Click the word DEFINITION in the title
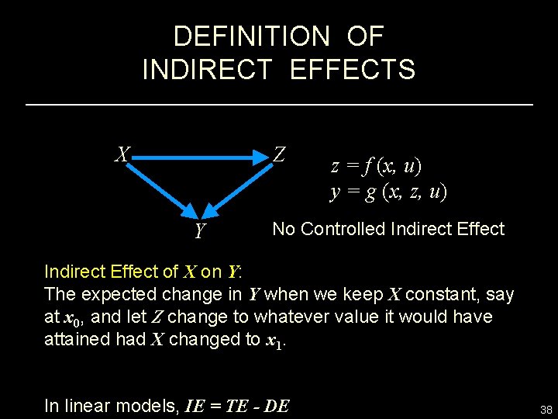point(240,36)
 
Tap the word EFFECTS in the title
point(353,69)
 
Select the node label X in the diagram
point(122,154)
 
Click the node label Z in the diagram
point(280,155)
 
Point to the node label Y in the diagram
point(200,230)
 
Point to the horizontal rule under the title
point(279,104)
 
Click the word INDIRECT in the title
point(207,69)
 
